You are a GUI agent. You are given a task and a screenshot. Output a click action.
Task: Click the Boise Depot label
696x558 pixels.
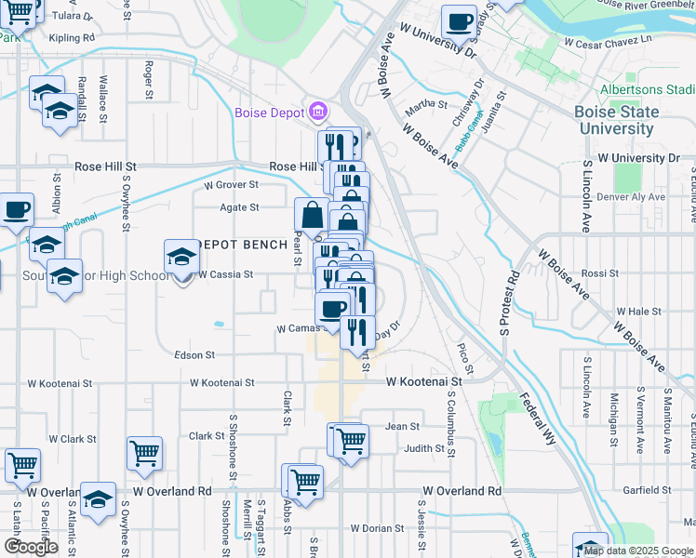pos(270,113)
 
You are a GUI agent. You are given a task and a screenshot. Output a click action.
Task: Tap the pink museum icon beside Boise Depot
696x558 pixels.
pos(318,113)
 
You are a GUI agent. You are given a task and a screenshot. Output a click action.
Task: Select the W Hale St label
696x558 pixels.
pos(637,312)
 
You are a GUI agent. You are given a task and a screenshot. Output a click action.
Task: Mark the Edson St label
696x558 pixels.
pos(194,355)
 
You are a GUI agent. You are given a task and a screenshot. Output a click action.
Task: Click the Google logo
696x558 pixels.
pos(31,546)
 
